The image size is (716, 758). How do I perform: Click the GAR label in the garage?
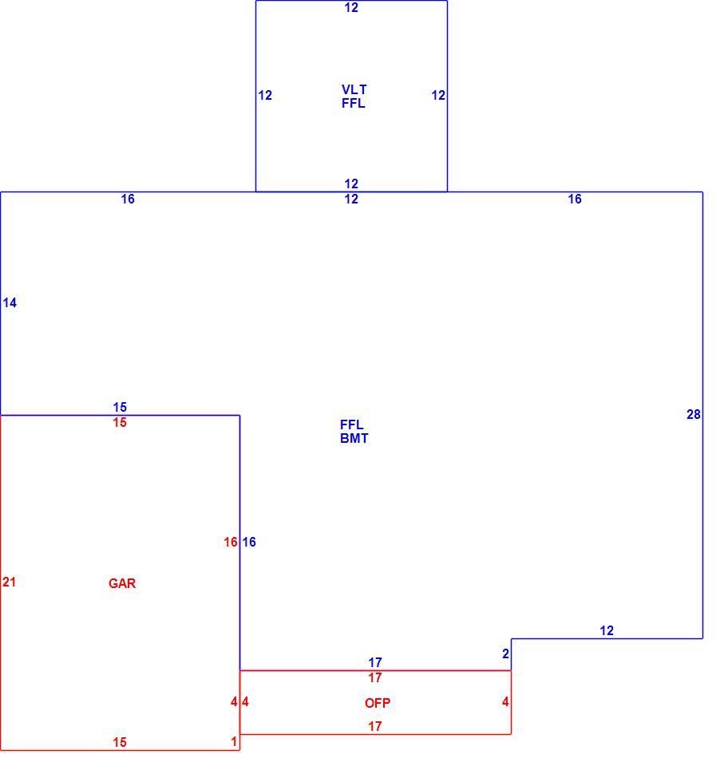click(x=122, y=583)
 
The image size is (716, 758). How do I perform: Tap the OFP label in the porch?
click(x=377, y=703)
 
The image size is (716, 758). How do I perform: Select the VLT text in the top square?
click(x=354, y=90)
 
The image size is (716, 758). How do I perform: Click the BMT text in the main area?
click(x=354, y=439)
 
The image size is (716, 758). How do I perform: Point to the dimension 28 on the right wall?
click(x=694, y=414)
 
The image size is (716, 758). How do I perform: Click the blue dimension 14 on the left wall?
click(x=10, y=302)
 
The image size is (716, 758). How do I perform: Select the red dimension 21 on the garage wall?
click(x=10, y=582)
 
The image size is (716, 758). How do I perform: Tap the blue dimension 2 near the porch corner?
click(x=506, y=654)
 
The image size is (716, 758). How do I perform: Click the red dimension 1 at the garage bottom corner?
click(x=234, y=741)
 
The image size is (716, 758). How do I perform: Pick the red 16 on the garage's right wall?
click(x=231, y=543)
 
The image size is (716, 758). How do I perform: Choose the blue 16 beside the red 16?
click(x=249, y=543)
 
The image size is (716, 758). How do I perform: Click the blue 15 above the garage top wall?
click(x=120, y=407)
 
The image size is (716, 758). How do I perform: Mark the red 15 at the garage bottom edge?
click(x=120, y=743)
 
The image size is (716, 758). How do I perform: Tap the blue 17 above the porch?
click(x=375, y=662)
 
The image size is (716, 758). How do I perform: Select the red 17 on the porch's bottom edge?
click(x=375, y=727)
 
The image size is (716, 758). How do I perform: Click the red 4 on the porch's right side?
click(x=506, y=702)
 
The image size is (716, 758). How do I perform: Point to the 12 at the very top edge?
click(x=351, y=8)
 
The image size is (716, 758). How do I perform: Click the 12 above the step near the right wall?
click(x=607, y=631)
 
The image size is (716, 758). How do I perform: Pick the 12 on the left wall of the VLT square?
click(x=265, y=95)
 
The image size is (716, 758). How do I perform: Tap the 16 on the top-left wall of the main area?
click(x=128, y=199)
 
